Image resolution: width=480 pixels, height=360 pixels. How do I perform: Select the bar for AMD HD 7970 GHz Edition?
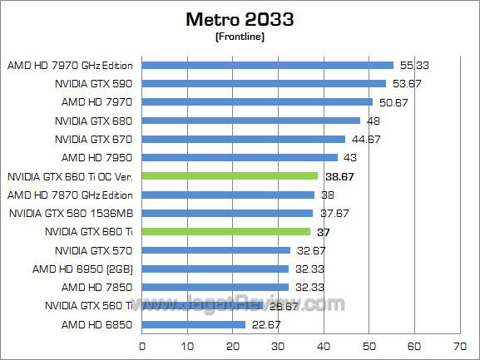point(268,65)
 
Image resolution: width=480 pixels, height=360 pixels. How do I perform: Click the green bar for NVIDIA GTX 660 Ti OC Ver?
point(230,175)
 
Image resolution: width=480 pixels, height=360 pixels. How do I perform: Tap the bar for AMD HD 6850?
point(194,323)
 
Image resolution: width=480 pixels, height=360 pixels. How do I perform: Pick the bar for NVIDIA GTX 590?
point(265,83)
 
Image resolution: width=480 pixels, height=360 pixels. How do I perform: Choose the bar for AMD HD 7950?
point(240,157)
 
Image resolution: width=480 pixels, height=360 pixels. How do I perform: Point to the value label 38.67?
point(339,176)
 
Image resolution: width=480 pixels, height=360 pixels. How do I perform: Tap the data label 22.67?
point(266,324)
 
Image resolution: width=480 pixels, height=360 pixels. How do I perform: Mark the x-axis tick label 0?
point(143,345)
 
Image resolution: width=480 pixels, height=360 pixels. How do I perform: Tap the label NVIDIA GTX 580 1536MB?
point(74,213)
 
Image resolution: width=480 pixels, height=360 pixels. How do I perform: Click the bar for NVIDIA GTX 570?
point(216,249)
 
